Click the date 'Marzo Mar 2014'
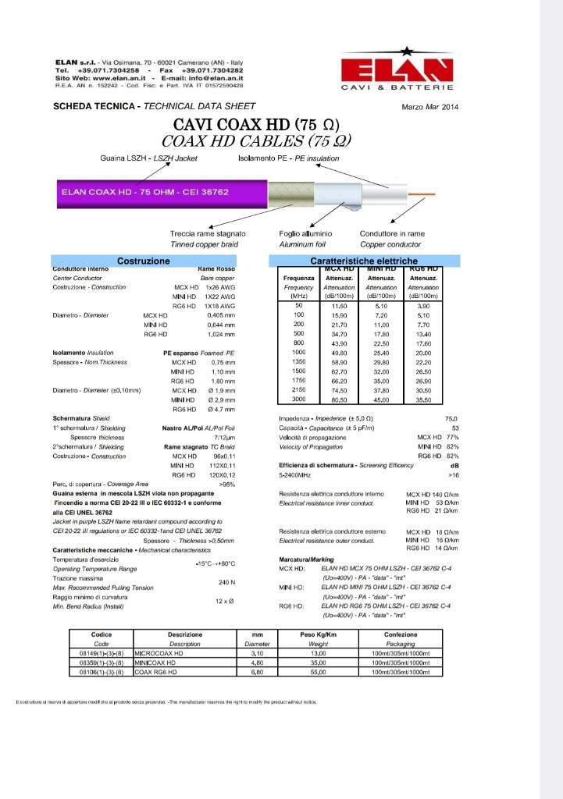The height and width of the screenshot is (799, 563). [430, 106]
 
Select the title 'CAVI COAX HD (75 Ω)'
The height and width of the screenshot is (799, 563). [255, 125]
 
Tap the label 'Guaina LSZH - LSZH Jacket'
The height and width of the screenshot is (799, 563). [148, 158]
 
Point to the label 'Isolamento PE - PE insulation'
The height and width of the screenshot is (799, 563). [289, 158]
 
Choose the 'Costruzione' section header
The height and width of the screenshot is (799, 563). [143, 260]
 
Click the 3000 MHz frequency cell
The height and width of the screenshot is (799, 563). [299, 399]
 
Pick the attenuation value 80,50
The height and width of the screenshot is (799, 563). [340, 399]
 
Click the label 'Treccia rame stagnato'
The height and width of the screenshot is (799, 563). [208, 233]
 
